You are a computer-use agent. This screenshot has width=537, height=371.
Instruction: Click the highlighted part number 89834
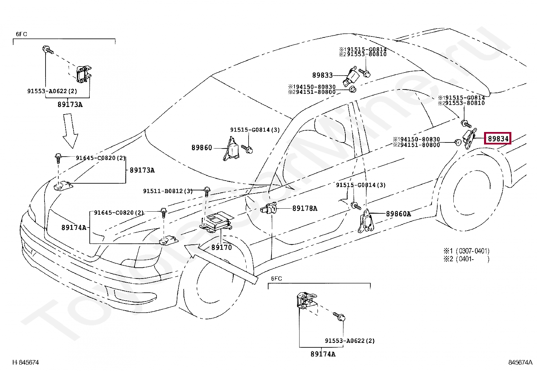[x=498, y=138]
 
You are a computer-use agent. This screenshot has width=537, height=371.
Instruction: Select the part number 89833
[x=322, y=75]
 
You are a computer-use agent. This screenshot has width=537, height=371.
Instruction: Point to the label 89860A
[x=398, y=214]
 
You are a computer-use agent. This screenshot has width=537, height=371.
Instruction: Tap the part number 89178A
[x=305, y=208]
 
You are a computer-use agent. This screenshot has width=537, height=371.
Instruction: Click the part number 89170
[x=222, y=247]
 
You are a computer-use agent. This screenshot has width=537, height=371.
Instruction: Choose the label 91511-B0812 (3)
[x=168, y=191]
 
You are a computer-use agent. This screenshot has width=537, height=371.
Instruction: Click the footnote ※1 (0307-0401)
[x=466, y=251]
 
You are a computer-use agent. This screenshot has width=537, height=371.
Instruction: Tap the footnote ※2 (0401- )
[x=466, y=259]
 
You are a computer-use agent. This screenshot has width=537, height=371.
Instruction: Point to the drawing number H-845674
[x=25, y=362]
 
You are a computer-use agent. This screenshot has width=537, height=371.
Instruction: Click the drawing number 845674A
[x=520, y=362]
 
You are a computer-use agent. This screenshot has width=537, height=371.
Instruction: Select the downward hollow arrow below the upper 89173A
[x=70, y=131]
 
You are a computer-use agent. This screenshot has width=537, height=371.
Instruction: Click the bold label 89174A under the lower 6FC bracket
[x=323, y=354]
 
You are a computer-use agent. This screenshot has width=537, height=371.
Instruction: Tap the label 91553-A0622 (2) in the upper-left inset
[x=52, y=91]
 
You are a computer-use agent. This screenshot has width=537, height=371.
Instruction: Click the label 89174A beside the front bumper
[x=74, y=227]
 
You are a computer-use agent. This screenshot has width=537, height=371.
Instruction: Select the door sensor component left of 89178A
[x=268, y=208]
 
